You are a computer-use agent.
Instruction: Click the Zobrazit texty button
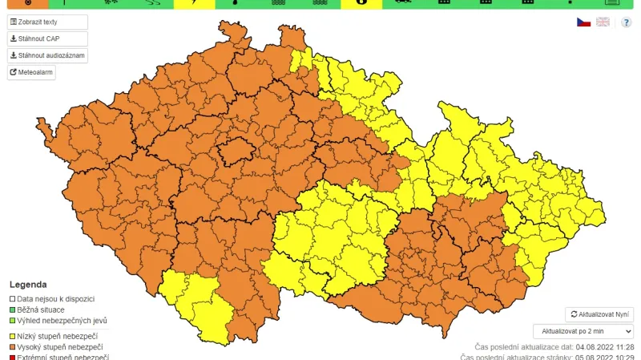click(47, 22)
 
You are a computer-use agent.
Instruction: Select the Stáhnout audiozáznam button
click(47, 55)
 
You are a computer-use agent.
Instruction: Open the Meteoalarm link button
click(31, 72)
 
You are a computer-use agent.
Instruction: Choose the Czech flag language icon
click(584, 22)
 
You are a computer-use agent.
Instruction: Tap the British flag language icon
click(603, 22)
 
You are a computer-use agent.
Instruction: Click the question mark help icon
click(626, 22)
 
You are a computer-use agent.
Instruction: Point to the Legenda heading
click(28, 284)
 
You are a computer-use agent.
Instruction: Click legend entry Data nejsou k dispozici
click(55, 298)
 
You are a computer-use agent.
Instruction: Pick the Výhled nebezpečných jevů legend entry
click(57, 320)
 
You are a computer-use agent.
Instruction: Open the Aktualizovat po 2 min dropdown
click(583, 330)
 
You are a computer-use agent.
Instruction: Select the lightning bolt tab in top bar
click(195, 3)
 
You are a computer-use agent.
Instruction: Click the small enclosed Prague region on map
click(236, 150)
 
